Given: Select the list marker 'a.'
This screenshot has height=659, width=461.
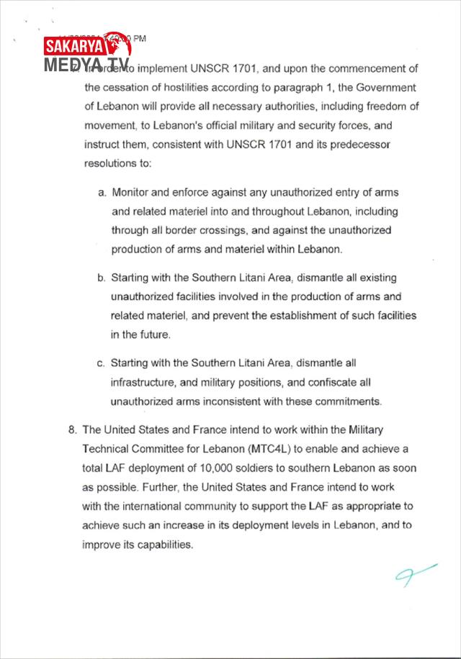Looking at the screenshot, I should pos(103,193).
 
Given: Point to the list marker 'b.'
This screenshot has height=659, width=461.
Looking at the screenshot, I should pos(102,278).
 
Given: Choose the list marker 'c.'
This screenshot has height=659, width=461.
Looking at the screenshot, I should pos(102,363).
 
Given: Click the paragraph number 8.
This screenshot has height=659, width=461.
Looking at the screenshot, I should pos(73,430).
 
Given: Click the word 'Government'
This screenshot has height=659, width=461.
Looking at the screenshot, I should pos(386,88).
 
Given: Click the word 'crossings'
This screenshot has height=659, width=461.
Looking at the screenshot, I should pos(209,231).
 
